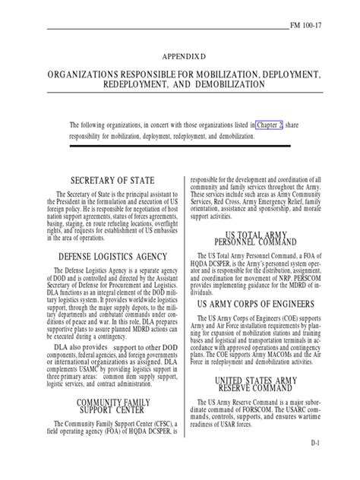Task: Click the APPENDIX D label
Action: pyautogui.click(x=181, y=57)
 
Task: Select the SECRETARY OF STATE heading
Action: pyautogui.click(x=112, y=180)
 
